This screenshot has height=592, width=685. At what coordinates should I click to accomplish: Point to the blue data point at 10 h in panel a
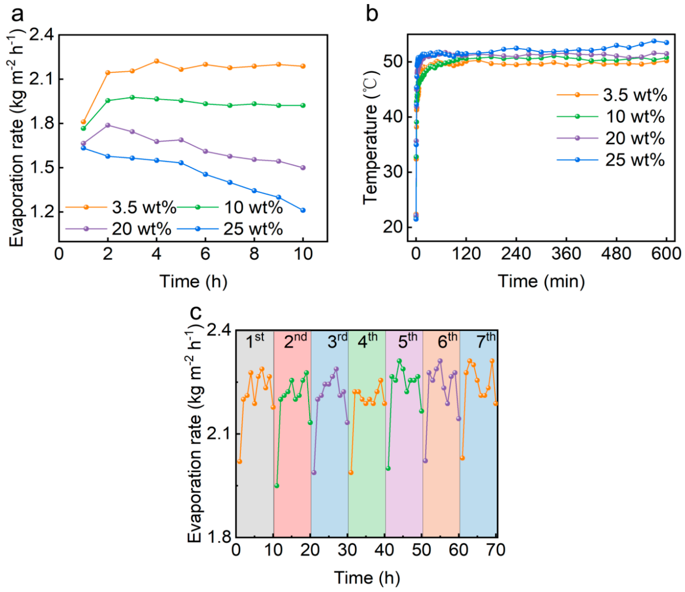pos(303,210)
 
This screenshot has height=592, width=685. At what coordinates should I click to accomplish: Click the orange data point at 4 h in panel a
pos(157,61)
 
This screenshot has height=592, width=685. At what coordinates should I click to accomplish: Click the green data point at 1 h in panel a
pos(83,128)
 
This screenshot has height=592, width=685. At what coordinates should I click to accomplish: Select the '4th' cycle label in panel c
pos(367,341)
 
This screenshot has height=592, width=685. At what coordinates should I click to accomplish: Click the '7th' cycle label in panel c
pos(485,341)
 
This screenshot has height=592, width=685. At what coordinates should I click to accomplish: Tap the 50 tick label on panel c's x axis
pos(422,550)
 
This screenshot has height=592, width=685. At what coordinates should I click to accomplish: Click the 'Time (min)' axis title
pos(541,282)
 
